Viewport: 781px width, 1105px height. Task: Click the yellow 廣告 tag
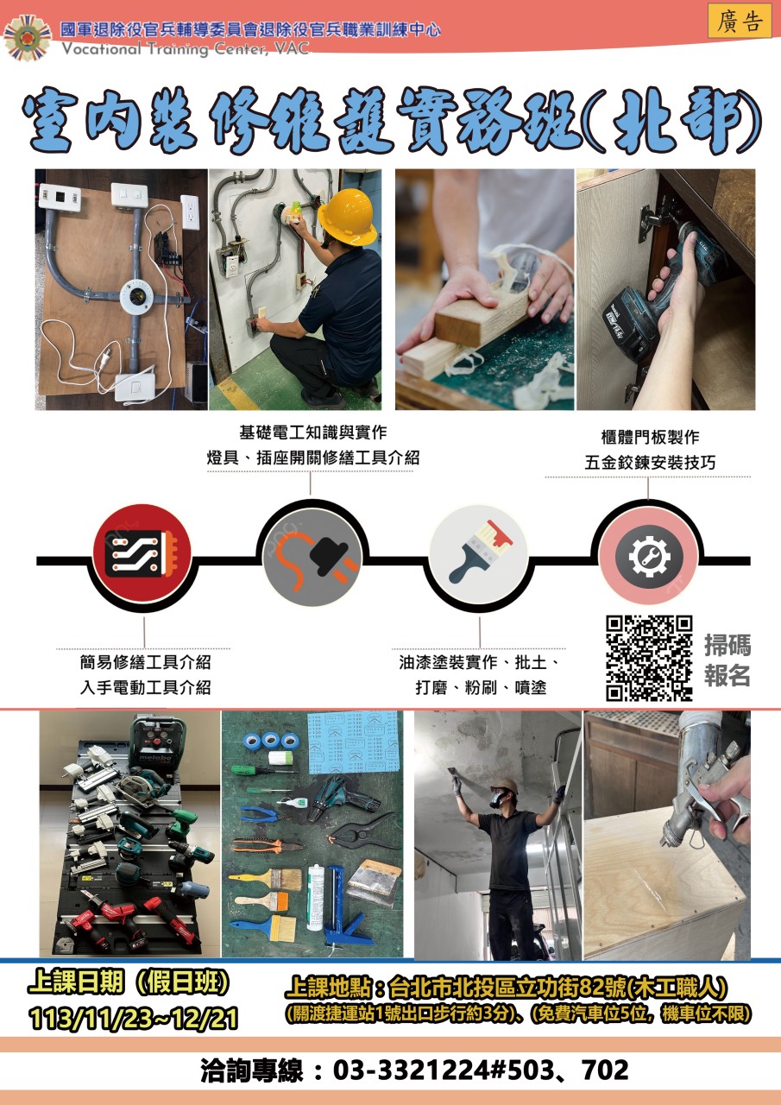[739, 21]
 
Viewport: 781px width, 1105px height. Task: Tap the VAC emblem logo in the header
[27, 38]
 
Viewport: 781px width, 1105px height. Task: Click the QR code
[649, 658]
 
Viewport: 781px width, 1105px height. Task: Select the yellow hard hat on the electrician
[347, 212]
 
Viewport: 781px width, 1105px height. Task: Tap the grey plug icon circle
[312, 558]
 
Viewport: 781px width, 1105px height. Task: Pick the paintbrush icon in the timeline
[479, 555]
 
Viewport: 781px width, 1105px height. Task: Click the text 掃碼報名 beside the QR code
[727, 660]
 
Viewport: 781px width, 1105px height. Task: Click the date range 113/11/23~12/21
[133, 1019]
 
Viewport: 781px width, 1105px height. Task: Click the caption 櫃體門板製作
[650, 437]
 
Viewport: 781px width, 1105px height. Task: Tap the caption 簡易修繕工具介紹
[146, 662]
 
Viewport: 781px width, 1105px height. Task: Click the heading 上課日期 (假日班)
[129, 982]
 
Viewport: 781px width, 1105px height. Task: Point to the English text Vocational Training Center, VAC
[186, 49]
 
